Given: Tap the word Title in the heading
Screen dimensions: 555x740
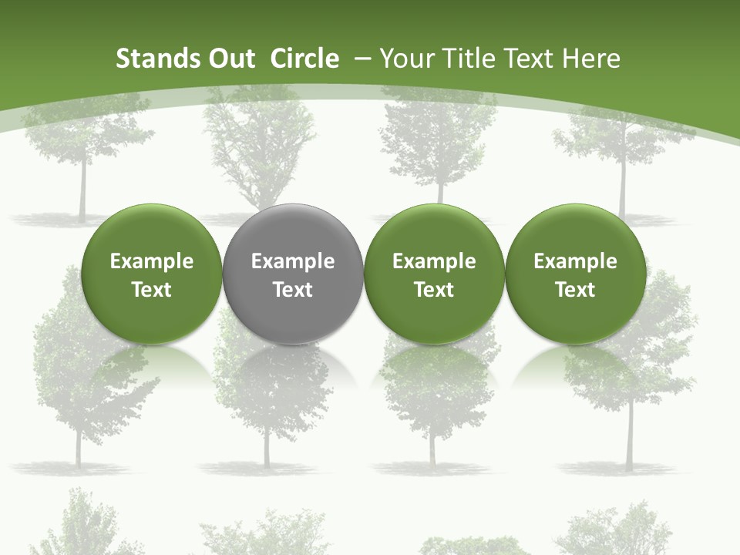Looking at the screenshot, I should click(471, 59).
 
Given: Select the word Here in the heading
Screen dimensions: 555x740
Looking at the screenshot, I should click(591, 59).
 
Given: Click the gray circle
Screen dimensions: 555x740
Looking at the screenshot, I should click(293, 274).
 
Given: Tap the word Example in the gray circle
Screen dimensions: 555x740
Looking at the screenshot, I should click(293, 261).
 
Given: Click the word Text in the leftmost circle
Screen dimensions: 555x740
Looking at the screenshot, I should click(152, 290).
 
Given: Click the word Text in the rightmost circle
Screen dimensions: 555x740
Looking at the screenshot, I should click(576, 290).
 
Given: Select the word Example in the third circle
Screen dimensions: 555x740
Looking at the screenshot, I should click(434, 261).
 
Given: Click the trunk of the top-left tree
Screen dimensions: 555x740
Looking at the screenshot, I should click(82, 193).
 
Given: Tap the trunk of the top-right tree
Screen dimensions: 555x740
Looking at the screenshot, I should click(622, 189).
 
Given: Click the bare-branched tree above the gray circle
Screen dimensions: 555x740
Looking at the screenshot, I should click(258, 146).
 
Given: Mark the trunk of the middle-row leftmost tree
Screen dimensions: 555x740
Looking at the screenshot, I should click(78, 447).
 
